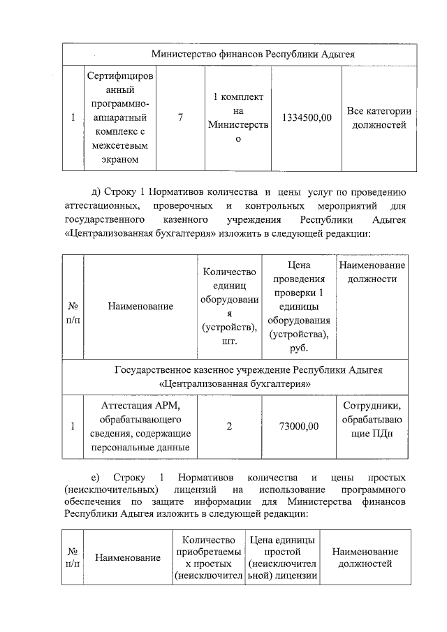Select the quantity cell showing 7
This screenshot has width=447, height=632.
pyautogui.click(x=180, y=118)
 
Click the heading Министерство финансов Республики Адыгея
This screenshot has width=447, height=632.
pyautogui.click(x=240, y=54)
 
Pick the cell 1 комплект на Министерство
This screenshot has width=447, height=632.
pyautogui.click(x=237, y=118)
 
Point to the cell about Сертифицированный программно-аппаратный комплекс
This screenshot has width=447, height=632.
pyautogui.click(x=121, y=118)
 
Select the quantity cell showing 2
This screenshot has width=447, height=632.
pyautogui.click(x=228, y=426)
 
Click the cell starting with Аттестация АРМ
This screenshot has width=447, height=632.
pyautogui.click(x=140, y=426)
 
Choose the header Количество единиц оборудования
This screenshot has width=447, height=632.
pyautogui.click(x=228, y=306)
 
